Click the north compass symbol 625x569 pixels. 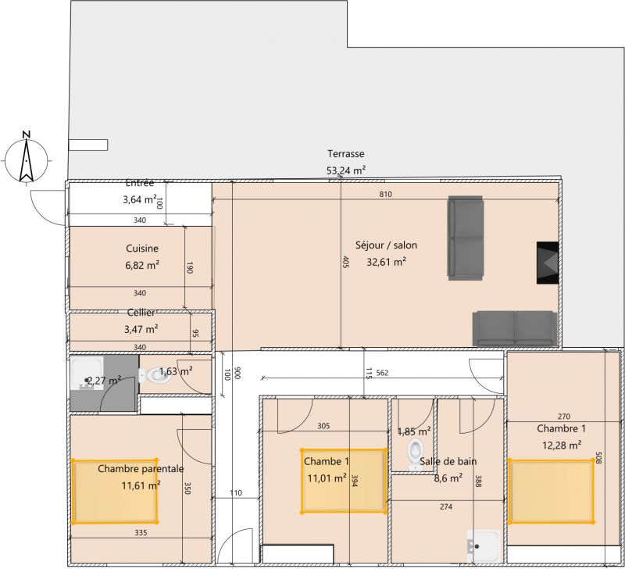point(27,158)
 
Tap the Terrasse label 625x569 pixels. point(345,154)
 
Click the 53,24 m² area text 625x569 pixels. point(346,170)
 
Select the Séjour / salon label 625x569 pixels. point(386,245)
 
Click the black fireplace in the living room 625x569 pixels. point(548,263)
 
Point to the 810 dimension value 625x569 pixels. point(385,194)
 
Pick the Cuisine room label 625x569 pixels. point(142,249)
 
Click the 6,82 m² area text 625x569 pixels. point(142,265)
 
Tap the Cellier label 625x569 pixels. point(141,313)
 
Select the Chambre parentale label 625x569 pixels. point(141,468)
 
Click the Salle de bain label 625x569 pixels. point(448,461)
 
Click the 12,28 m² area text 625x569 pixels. point(561,445)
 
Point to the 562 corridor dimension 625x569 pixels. point(382,373)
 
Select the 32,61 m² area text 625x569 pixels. point(386,262)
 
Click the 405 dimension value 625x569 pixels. point(345,262)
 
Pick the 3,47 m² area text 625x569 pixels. point(141,329)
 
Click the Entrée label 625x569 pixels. point(140,183)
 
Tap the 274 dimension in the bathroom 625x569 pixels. point(446,506)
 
